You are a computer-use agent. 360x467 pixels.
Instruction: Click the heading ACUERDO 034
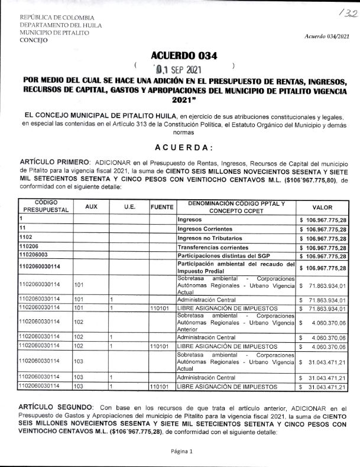184,56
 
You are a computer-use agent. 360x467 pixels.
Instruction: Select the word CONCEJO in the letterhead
34,41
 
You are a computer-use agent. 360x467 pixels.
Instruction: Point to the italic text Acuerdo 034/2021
327,37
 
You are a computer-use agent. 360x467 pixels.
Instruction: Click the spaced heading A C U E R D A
183,147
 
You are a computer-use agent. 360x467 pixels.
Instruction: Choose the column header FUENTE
162,207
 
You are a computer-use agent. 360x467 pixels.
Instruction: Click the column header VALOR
322,207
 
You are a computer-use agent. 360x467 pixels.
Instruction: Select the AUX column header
91,207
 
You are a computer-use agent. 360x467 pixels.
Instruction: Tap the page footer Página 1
182,450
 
